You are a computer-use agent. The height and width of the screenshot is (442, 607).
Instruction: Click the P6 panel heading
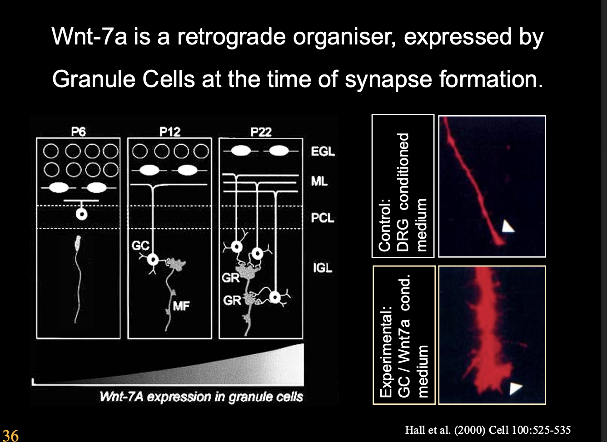click(x=78, y=132)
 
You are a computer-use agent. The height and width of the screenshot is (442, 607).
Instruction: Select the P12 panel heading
click(x=170, y=132)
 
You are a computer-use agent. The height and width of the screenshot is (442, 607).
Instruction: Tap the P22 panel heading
click(x=261, y=132)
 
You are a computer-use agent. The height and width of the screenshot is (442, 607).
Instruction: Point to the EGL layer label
click(x=323, y=152)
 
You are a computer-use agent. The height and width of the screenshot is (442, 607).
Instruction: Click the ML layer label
click(x=319, y=182)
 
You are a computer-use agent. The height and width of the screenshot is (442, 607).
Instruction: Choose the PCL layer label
click(x=323, y=218)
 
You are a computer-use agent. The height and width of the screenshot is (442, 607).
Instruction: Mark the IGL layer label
click(x=323, y=268)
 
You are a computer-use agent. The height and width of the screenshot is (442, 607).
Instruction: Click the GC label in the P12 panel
click(x=140, y=246)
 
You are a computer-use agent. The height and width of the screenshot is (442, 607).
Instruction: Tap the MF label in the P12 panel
click(x=181, y=306)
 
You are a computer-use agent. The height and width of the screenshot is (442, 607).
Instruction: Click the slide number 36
click(x=10, y=435)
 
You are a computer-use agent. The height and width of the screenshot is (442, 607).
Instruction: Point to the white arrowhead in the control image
click(x=507, y=226)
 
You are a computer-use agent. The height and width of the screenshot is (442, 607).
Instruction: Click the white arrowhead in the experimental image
click(x=515, y=388)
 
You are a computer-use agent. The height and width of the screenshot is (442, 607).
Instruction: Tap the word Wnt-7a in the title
click(x=89, y=37)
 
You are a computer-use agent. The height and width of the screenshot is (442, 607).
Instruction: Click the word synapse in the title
click(x=388, y=80)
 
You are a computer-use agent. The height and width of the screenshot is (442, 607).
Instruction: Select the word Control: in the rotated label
click(x=384, y=225)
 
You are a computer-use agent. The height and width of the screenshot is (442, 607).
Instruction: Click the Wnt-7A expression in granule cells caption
click(x=201, y=397)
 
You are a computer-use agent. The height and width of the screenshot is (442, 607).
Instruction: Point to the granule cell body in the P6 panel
click(x=82, y=214)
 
